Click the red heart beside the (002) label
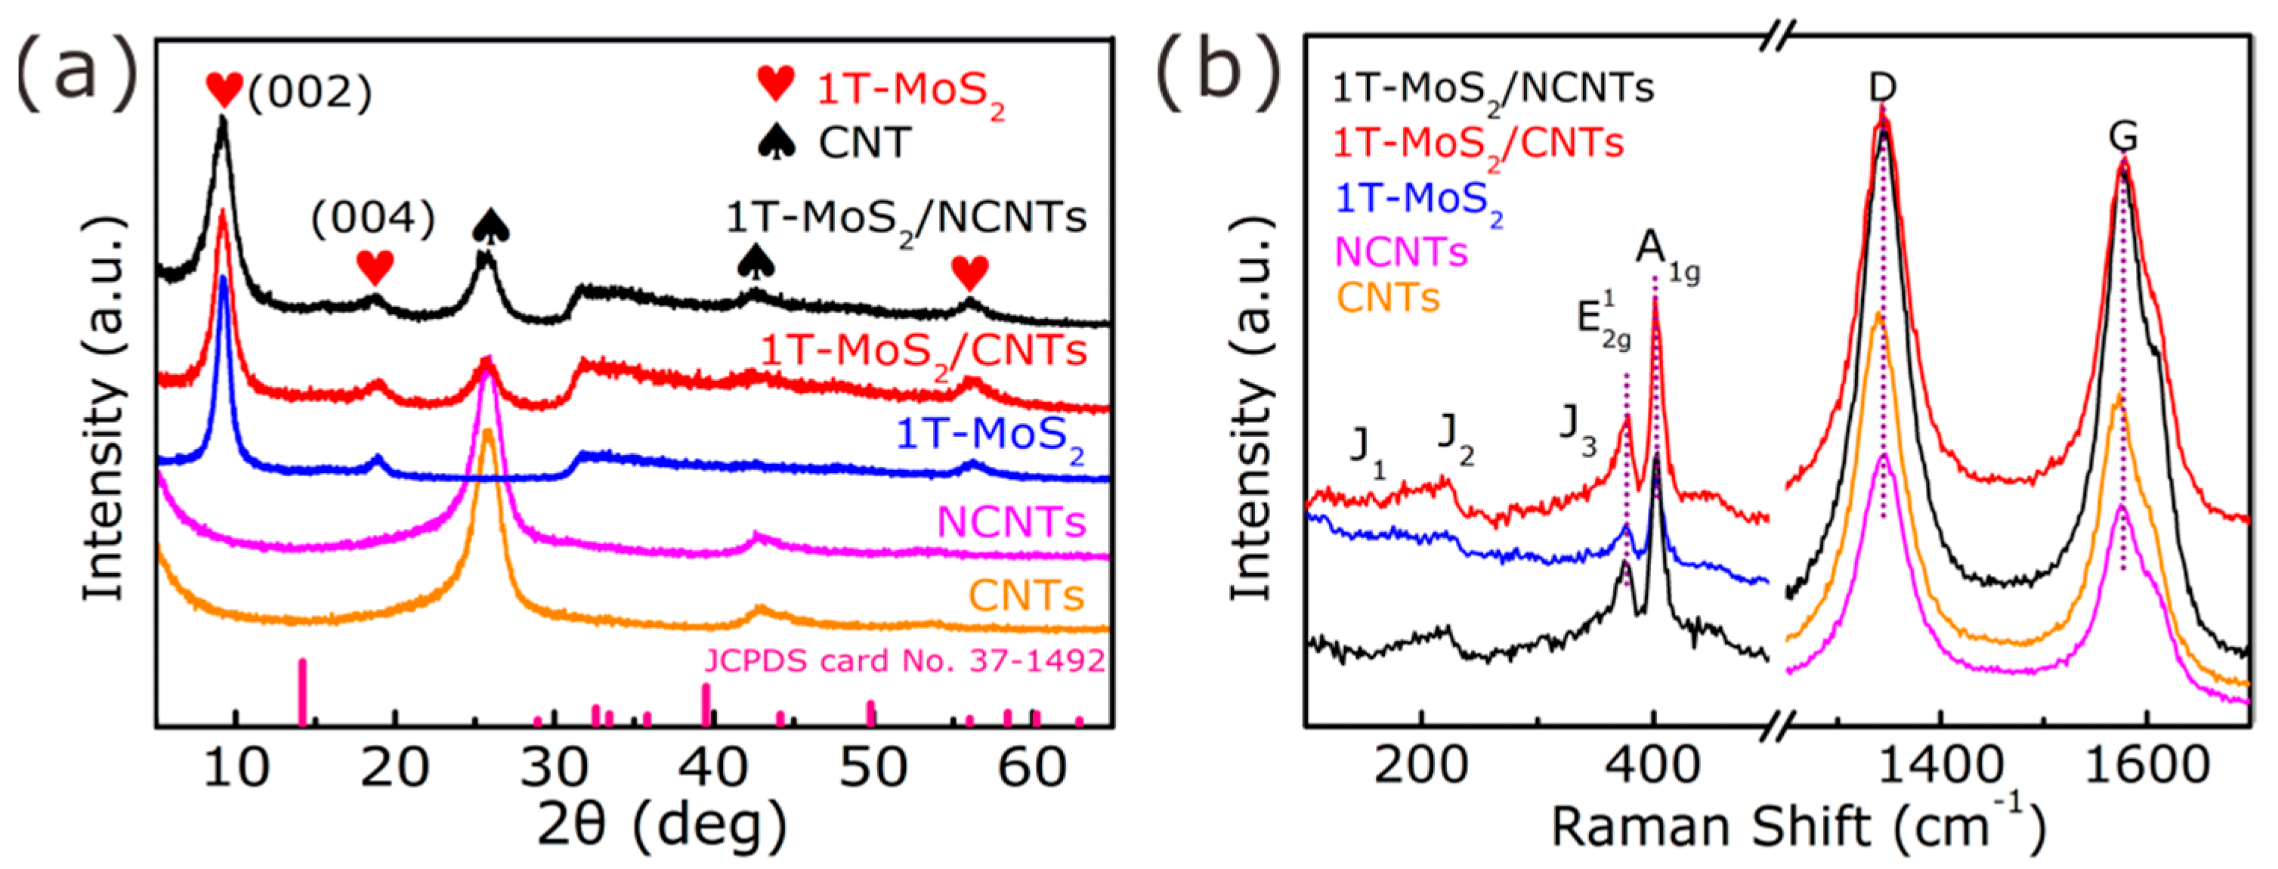(x=224, y=89)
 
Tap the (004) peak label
(x=373, y=218)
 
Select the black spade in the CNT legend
(x=777, y=141)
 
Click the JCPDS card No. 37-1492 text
(x=904, y=660)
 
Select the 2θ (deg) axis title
(x=661, y=826)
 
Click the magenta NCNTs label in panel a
(x=1011, y=522)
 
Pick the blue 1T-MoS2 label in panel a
(x=990, y=436)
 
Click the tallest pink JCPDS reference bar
(x=302, y=692)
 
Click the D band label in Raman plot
(x=1883, y=88)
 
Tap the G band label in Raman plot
(x=2123, y=137)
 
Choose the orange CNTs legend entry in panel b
(x=1387, y=298)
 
